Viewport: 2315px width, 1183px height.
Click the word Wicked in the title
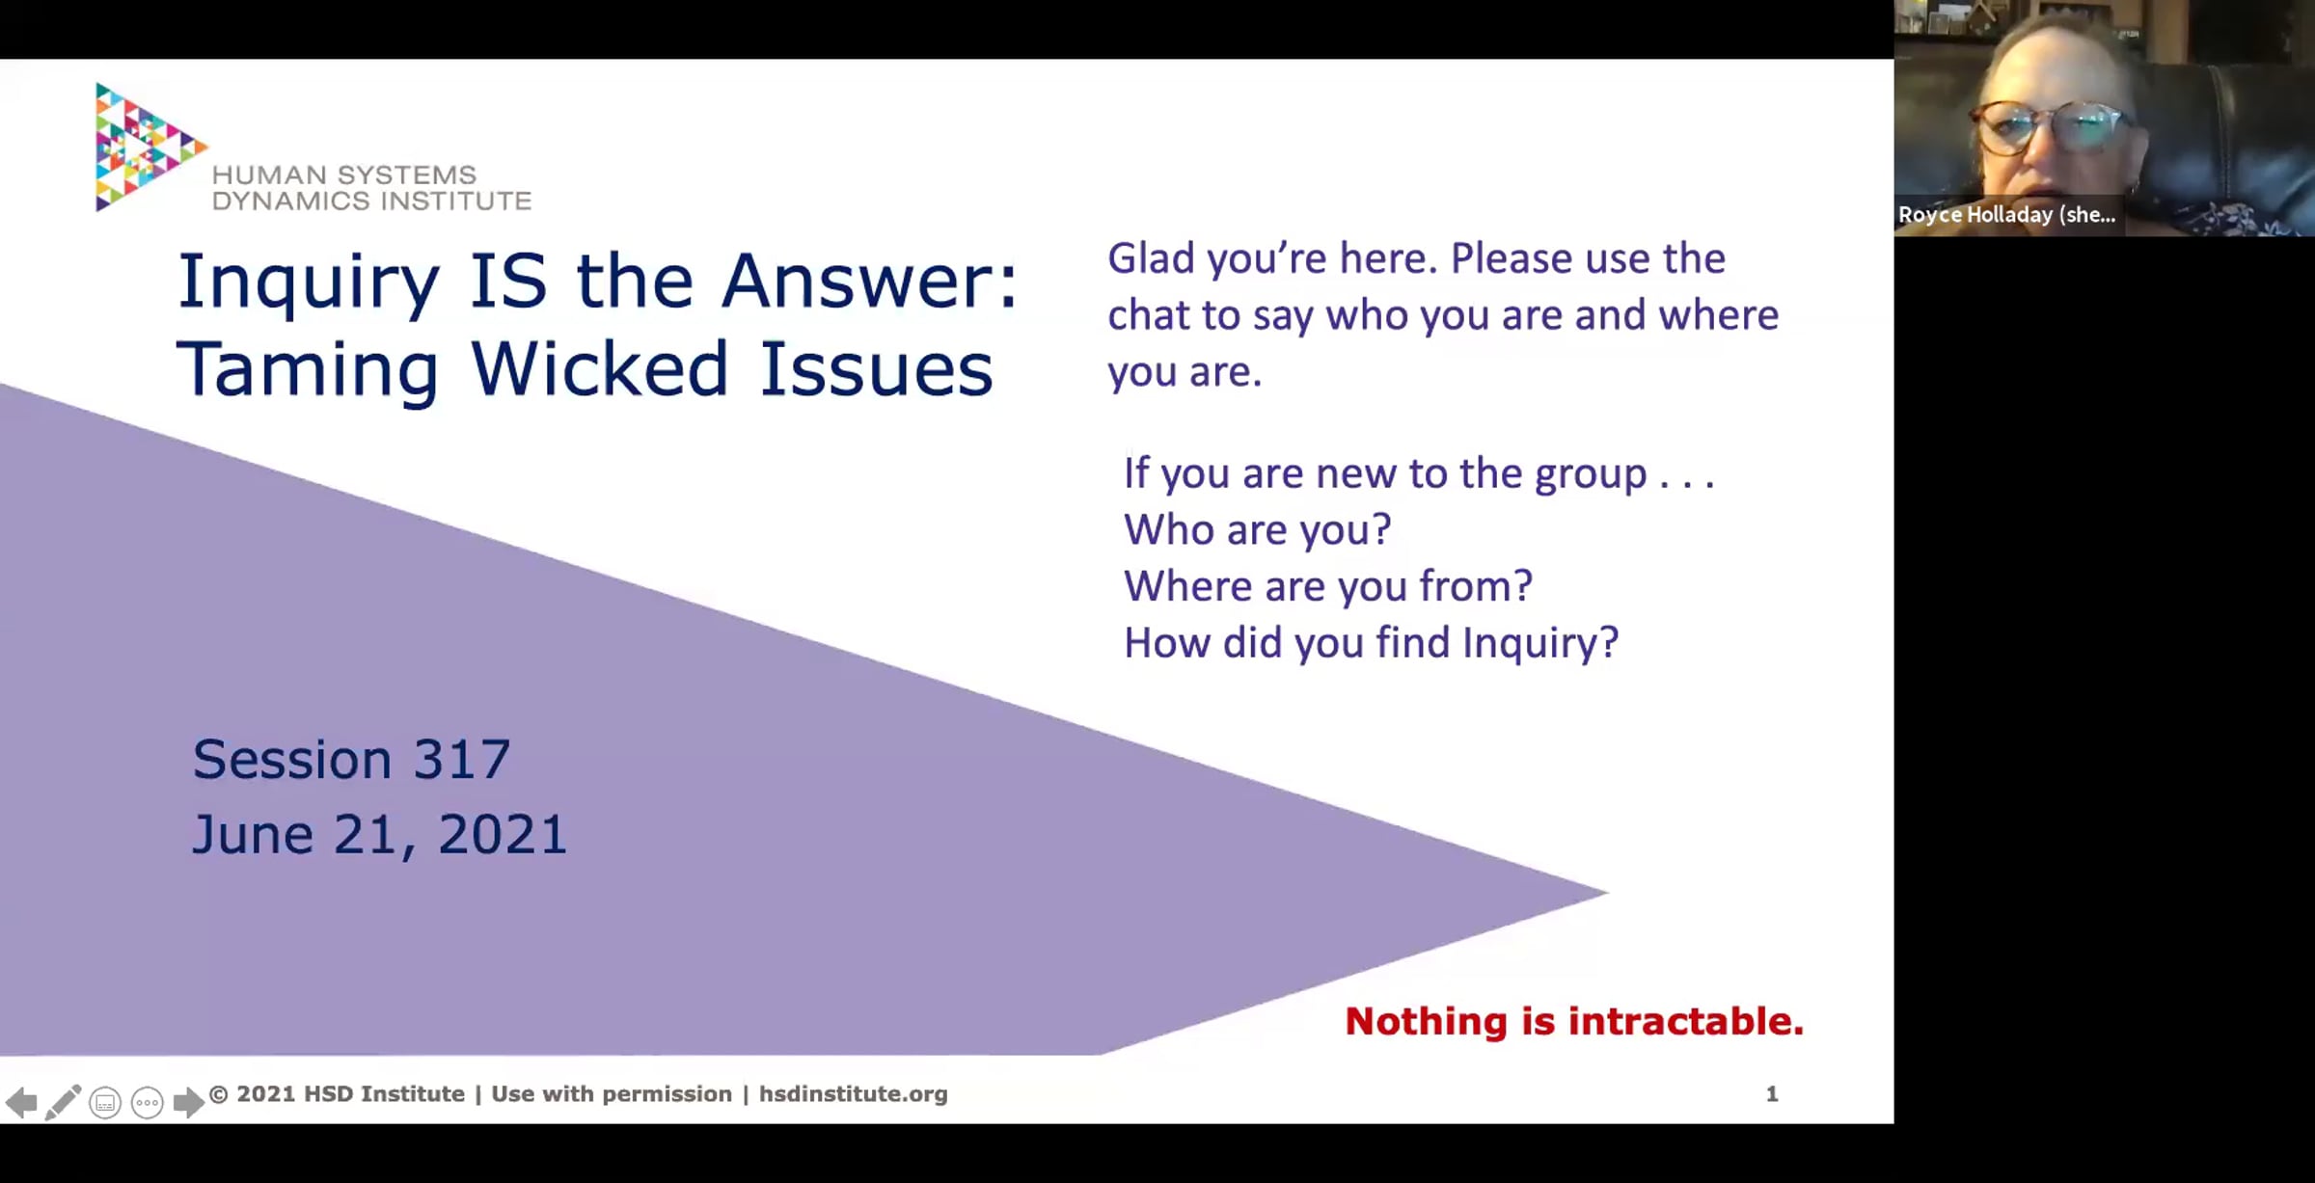point(599,368)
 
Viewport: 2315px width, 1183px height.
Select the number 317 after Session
point(461,759)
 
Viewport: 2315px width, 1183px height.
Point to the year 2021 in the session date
point(502,834)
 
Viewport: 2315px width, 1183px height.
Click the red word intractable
point(1686,1021)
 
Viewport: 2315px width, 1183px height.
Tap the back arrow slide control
point(21,1102)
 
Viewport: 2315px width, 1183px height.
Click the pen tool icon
point(63,1102)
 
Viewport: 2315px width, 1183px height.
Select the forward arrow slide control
point(188,1102)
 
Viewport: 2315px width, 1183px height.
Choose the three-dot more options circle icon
point(147,1102)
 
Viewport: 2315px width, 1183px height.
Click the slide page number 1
point(1772,1094)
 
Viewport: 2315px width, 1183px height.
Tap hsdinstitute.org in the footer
point(853,1094)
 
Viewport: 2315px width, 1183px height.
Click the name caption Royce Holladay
point(2006,215)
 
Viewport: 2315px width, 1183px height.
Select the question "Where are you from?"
point(1328,586)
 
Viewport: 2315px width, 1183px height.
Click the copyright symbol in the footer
point(219,1094)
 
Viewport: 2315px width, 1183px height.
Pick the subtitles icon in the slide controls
point(105,1102)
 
